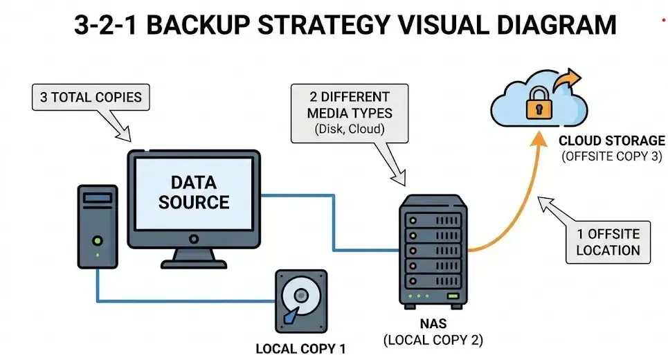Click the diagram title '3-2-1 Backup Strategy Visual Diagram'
(x=344, y=25)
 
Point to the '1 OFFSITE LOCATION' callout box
(x=608, y=242)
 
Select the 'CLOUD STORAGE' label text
(x=611, y=141)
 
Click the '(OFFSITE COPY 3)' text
(x=611, y=156)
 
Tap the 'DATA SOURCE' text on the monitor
(x=193, y=192)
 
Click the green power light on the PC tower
(x=98, y=240)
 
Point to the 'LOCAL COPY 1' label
(x=300, y=348)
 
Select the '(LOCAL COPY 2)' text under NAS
(x=433, y=340)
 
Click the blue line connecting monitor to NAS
(x=333, y=222)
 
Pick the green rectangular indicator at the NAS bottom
(x=453, y=296)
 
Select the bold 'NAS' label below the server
(x=433, y=324)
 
